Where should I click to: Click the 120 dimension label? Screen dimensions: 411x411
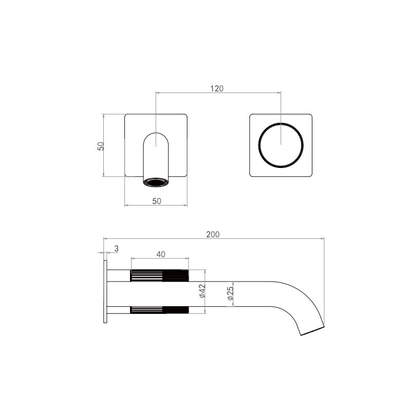pyautogui.click(x=217, y=88)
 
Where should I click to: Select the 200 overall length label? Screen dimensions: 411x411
pyautogui.click(x=213, y=234)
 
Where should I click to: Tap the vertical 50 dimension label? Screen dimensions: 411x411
pyautogui.click(x=101, y=146)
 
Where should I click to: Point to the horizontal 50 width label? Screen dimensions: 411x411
pyautogui.click(x=157, y=201)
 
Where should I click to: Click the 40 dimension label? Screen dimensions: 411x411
pyautogui.click(x=161, y=254)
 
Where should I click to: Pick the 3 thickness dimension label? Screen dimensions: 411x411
pyautogui.click(x=117, y=249)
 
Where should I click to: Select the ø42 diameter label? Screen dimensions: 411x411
pyautogui.click(x=202, y=291)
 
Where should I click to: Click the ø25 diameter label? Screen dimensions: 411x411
pyautogui.click(x=230, y=293)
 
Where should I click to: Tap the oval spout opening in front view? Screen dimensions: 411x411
pyautogui.click(x=156, y=182)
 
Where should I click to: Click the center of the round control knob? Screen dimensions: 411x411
pyautogui.click(x=281, y=145)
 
